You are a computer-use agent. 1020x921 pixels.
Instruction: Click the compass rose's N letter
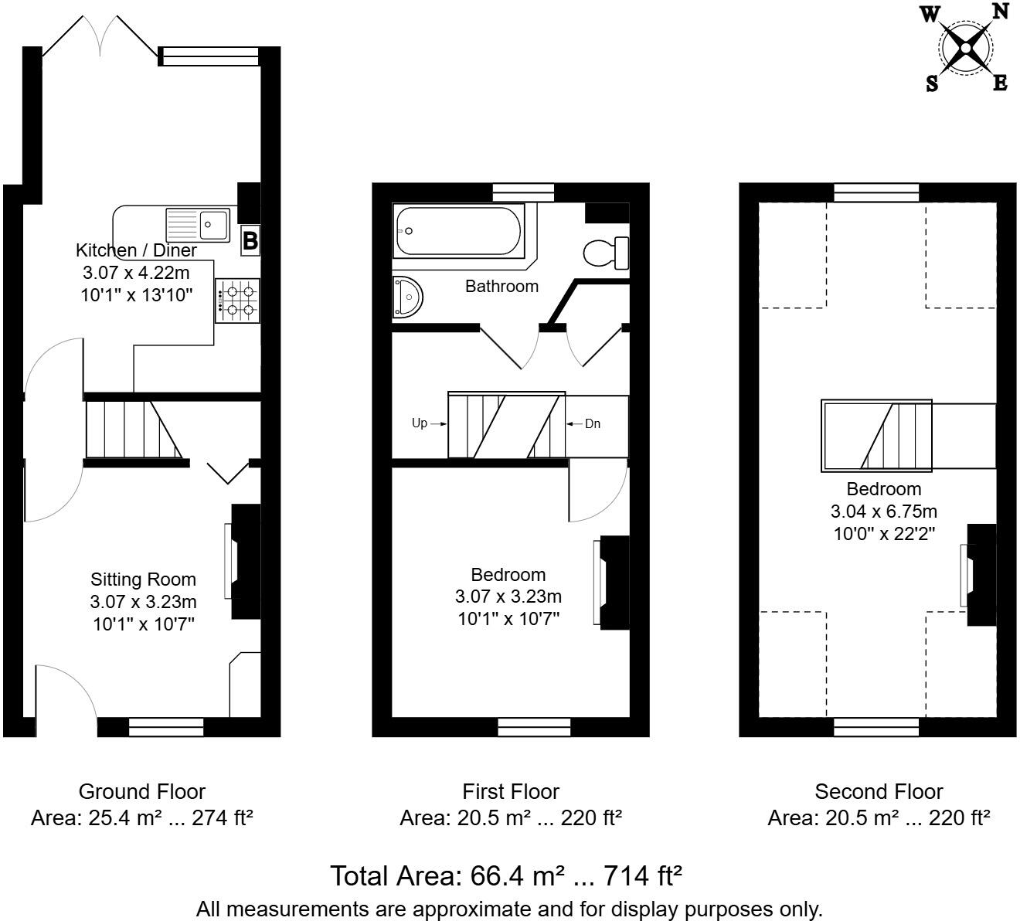point(1000,11)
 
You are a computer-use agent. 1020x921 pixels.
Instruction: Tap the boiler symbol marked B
point(250,240)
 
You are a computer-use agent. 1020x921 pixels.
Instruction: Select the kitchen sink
point(198,225)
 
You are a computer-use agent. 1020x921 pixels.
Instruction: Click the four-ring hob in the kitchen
point(238,301)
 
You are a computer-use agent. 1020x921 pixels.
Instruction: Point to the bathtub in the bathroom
point(459,230)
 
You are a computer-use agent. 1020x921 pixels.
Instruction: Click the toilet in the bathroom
point(606,252)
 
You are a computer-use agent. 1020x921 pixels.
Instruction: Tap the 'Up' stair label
point(420,423)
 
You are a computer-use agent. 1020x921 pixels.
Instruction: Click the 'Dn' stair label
point(592,423)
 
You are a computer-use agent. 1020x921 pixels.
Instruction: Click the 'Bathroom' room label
point(501,286)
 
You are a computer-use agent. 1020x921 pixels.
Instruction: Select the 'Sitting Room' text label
point(143,579)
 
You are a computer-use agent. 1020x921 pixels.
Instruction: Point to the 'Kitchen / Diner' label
point(136,250)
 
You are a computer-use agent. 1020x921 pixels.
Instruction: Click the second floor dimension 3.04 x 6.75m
point(883,511)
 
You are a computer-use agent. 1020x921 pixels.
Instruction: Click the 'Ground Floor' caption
point(142,791)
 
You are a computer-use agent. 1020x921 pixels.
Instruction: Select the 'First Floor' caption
point(511,791)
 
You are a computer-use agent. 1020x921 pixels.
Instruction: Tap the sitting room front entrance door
point(66,692)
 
